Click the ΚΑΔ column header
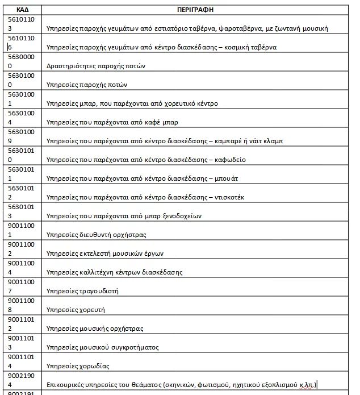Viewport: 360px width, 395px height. pos(23,10)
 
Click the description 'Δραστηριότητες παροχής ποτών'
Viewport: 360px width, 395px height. pos(96,66)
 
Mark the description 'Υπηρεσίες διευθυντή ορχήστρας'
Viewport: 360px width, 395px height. pos(97,235)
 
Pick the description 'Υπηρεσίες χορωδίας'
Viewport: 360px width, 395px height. pos(78,366)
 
